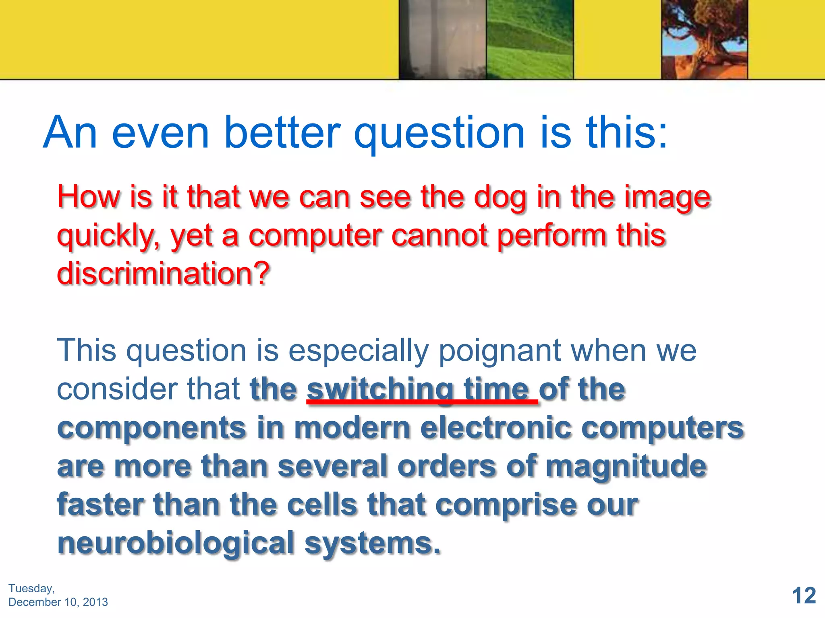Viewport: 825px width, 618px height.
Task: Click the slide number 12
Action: pos(804,595)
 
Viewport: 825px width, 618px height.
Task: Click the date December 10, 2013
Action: pos(58,602)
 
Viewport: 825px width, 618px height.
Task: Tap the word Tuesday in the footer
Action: pos(31,588)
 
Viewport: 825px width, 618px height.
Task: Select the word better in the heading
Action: pos(282,133)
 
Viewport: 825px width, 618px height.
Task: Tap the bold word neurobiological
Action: pos(176,543)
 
